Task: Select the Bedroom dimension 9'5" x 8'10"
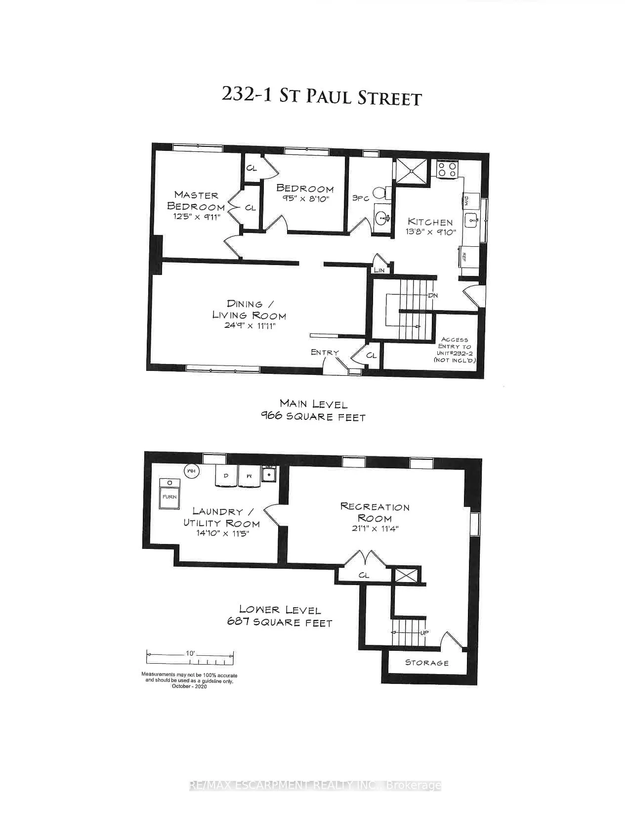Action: point(305,199)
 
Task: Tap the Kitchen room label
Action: point(430,222)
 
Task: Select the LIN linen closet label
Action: point(379,270)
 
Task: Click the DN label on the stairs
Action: point(433,295)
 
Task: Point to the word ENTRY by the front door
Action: point(325,352)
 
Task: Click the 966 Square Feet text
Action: point(313,417)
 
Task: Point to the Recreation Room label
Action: point(375,512)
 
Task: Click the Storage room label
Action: point(427,663)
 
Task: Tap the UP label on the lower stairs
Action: point(423,633)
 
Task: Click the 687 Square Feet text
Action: point(280,623)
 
